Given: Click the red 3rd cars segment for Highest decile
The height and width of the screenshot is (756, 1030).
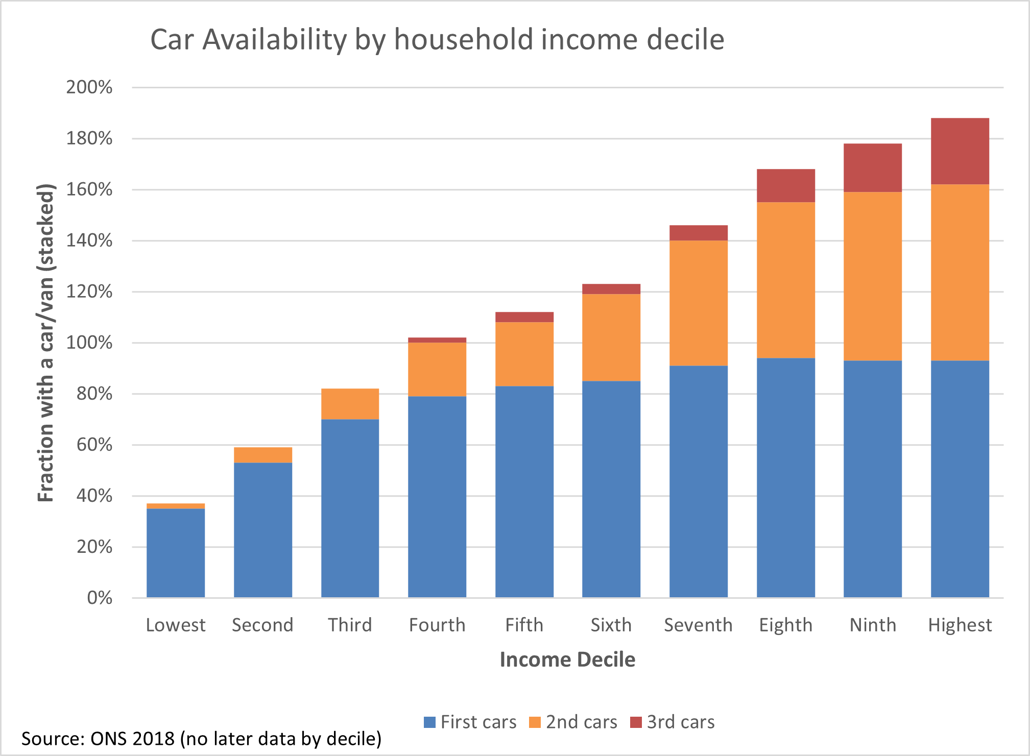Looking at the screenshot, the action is pos(960,151).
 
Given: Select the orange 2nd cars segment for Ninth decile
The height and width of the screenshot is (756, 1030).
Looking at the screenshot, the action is pos(873,276).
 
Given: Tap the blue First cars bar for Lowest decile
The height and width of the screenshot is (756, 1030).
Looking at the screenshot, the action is pos(176,553).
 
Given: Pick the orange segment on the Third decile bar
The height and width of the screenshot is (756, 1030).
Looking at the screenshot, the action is pos(350,404).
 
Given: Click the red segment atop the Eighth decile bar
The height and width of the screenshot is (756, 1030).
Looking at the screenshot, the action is pos(785,185).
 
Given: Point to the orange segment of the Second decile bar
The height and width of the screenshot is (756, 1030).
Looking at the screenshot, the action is pos(263,455).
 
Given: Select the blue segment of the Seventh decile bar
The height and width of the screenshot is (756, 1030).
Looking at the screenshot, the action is pos(699,481).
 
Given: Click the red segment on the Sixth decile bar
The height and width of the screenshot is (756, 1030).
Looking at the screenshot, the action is pos(611,289).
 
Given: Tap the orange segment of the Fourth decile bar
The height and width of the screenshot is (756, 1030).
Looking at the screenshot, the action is pos(437,369).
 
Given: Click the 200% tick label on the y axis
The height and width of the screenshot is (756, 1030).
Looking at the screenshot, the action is pos(89,87).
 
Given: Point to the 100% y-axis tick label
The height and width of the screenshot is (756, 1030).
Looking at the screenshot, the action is pos(89,343).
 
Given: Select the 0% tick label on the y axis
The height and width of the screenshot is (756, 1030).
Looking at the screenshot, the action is pos(100,598).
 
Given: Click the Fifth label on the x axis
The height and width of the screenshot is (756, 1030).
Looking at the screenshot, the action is pos(524,625).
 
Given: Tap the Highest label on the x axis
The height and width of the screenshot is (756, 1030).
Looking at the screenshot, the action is pos(960,625).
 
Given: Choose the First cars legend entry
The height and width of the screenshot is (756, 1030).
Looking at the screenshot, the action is pos(470,722).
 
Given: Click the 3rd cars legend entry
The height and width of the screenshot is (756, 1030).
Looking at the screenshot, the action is pos(673,722).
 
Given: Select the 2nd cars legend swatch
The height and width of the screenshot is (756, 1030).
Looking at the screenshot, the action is pos(535,722).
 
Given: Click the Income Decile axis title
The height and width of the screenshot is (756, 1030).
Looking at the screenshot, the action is pos(567,660).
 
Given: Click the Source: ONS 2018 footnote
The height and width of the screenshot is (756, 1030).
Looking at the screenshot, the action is pos(201,739).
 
